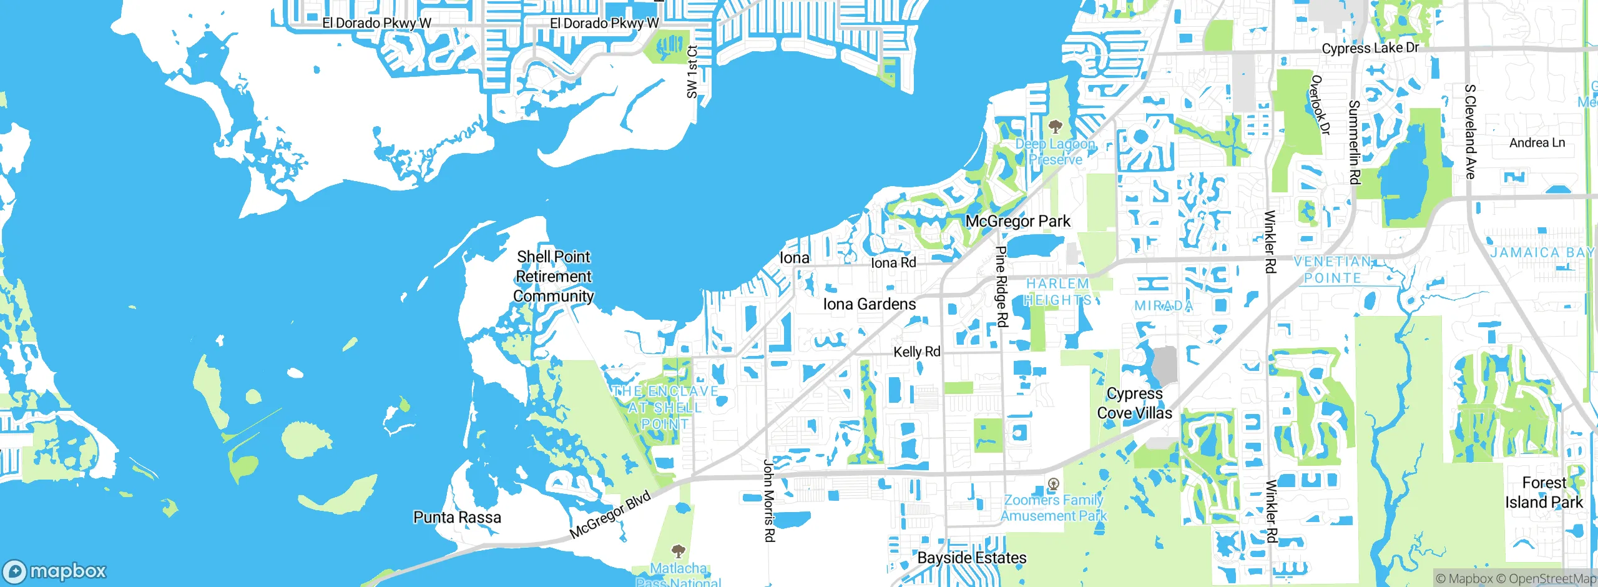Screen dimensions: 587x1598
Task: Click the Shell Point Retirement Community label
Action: (553, 276)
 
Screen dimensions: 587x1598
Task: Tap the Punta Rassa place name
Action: (457, 517)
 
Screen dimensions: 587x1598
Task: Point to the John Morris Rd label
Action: (769, 500)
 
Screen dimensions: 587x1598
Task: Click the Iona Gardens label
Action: (869, 304)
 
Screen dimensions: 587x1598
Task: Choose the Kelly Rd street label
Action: (916, 352)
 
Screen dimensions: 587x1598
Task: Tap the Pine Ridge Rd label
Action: (1001, 286)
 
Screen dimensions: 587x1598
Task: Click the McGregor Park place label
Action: (1017, 221)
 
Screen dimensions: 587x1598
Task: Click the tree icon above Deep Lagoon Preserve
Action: (1055, 127)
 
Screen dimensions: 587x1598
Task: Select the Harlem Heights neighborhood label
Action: (1058, 292)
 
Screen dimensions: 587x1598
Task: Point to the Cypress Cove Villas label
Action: (1134, 403)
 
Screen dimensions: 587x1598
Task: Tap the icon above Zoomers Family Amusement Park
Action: (1054, 483)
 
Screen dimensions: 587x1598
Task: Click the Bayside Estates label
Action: (972, 558)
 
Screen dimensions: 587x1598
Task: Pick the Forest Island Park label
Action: (1544, 493)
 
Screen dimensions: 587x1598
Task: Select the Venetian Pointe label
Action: (1333, 270)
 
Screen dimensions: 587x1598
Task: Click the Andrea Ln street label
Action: (1537, 142)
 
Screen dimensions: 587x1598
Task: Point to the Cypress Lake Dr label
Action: (1370, 48)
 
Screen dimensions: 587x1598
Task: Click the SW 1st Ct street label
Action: (692, 72)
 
